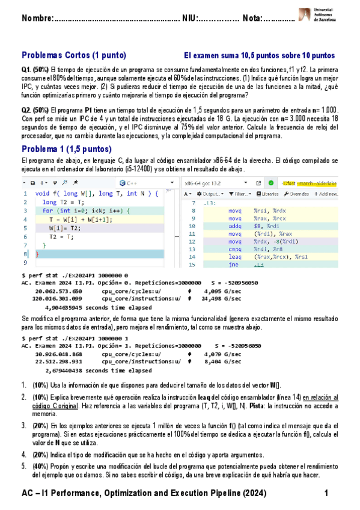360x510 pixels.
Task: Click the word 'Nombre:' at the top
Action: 37,21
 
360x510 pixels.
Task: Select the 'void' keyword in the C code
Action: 43,194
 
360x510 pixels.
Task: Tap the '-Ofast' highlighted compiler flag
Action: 298,183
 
